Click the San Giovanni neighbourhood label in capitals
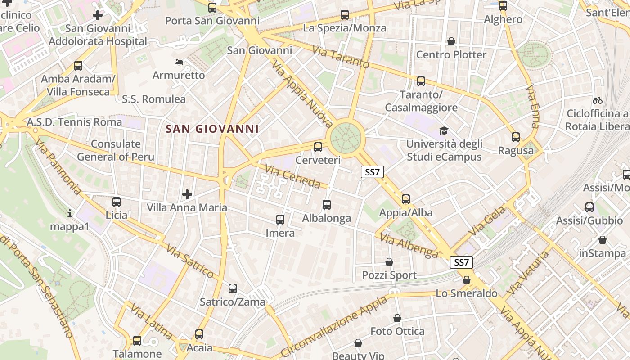(x=212, y=129)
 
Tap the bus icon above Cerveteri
(x=318, y=147)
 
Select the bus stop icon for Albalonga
(x=327, y=205)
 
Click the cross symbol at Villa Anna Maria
(x=187, y=194)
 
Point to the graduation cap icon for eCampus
(x=444, y=131)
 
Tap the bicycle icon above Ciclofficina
(x=598, y=100)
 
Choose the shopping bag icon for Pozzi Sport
(x=389, y=262)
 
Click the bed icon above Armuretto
(x=179, y=62)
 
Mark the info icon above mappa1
(x=70, y=213)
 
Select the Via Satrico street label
(x=190, y=261)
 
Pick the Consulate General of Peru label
(x=116, y=150)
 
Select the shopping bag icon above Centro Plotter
(x=451, y=42)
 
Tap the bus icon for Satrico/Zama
(x=233, y=288)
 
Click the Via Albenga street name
(x=409, y=246)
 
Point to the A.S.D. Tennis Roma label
(x=74, y=122)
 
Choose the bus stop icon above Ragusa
(x=516, y=137)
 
